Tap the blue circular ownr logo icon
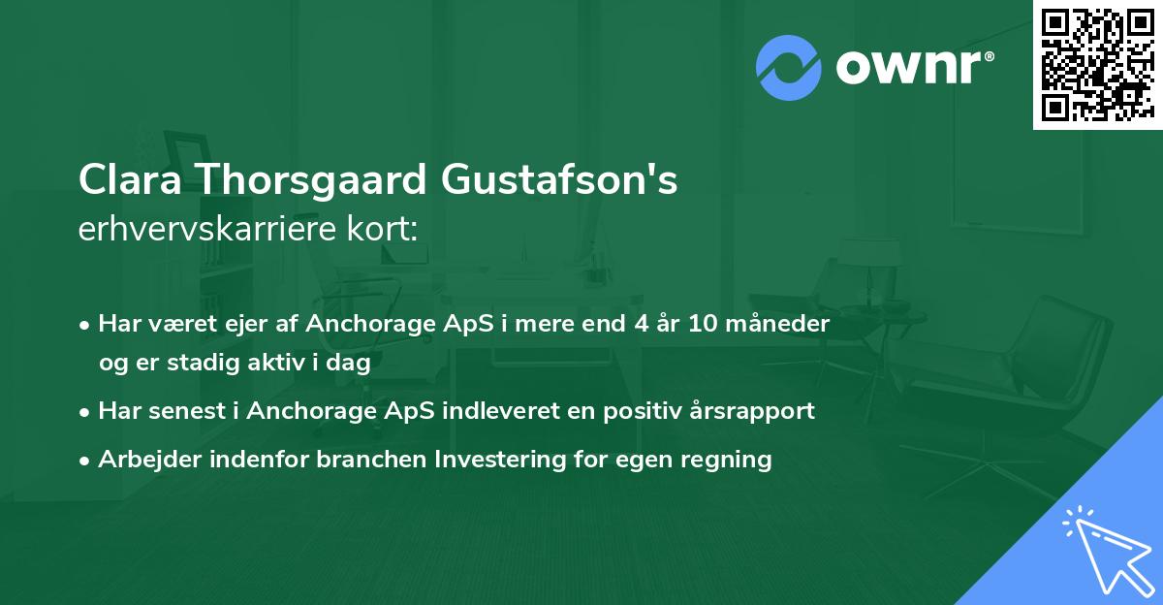[789, 68]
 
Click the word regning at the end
[730, 459]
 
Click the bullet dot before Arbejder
[86, 460]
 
